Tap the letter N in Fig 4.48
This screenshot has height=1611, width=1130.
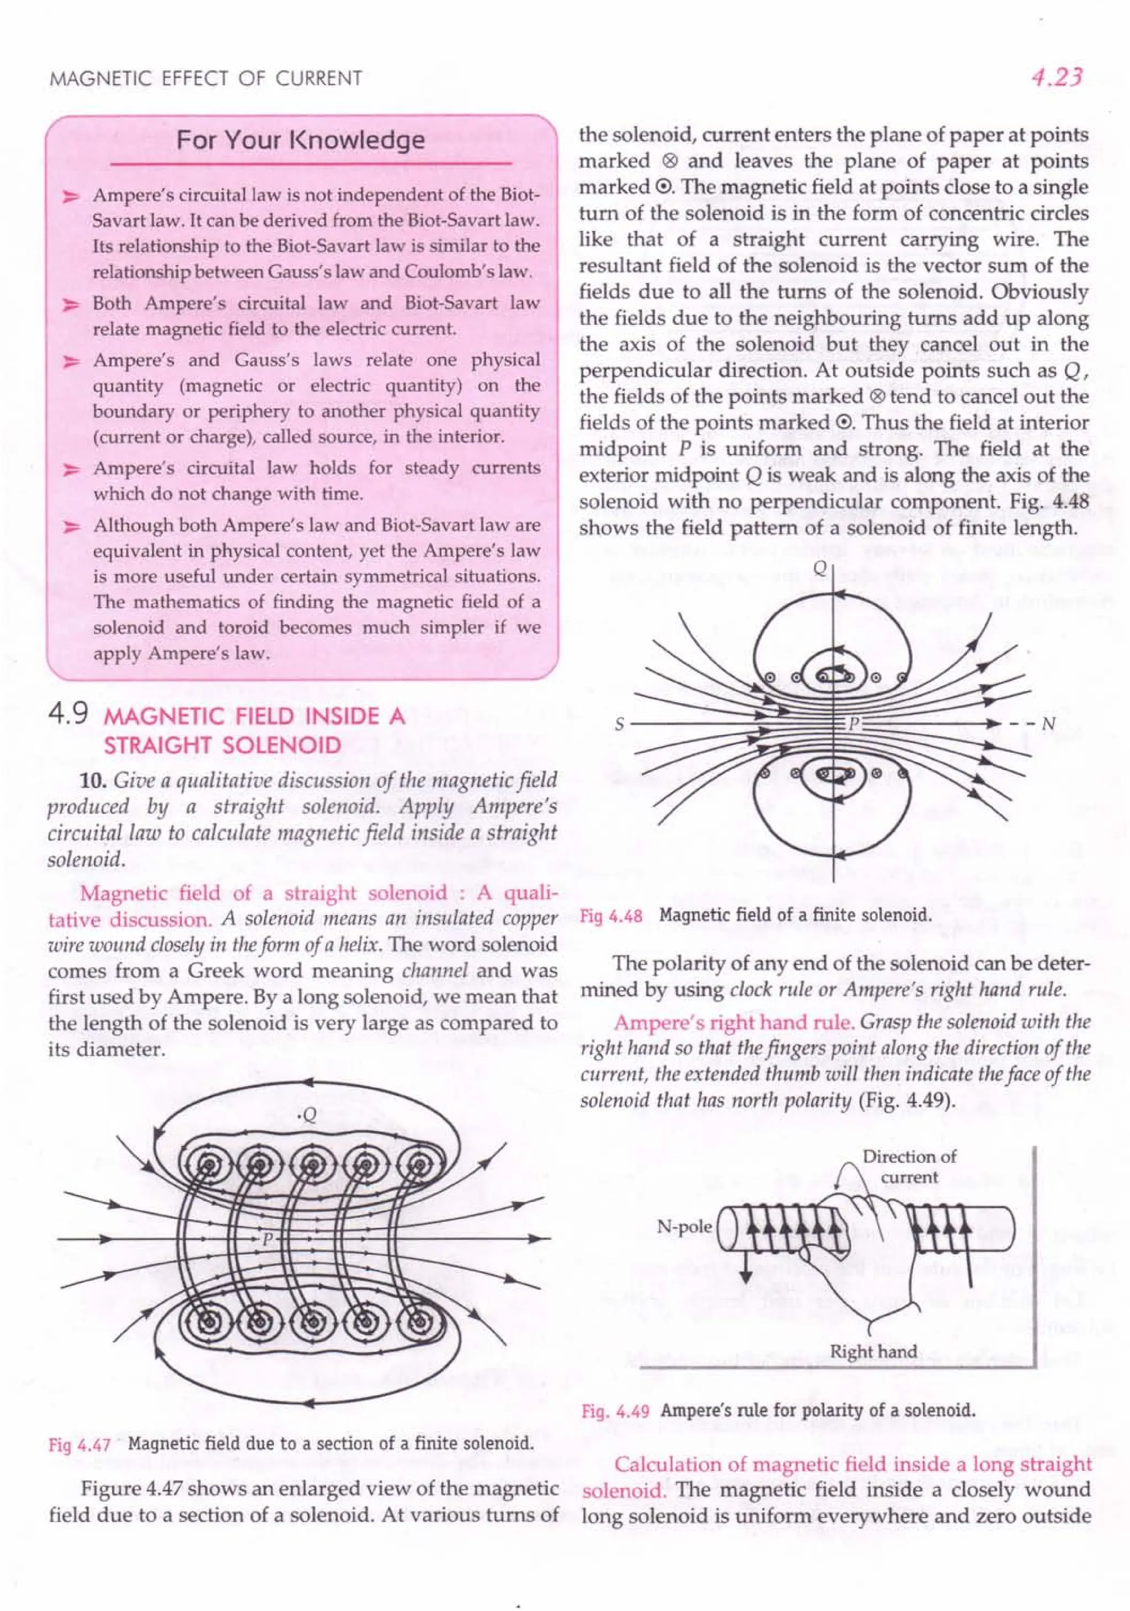pos(1048,724)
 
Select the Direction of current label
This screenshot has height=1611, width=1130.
pos(909,1166)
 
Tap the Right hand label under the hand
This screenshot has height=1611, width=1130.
pos(873,1351)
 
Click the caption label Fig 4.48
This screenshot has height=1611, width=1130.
pos(611,916)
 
